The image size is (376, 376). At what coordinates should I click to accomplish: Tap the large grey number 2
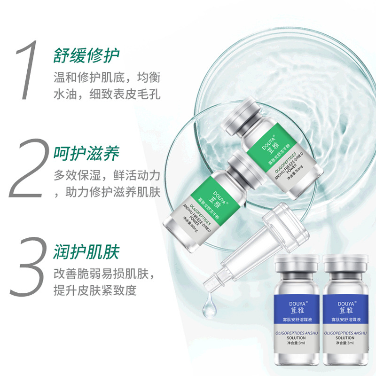[29, 169]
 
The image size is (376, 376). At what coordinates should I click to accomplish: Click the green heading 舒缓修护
[86, 55]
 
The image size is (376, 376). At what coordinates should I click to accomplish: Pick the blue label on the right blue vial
[346, 310]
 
